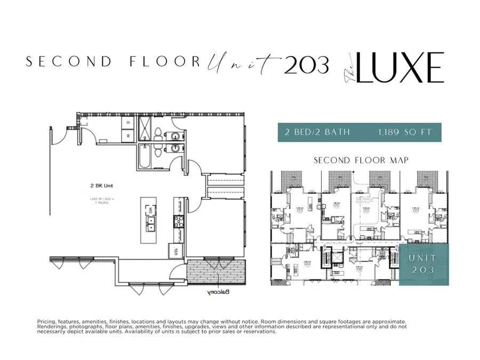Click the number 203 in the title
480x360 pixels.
coord(306,65)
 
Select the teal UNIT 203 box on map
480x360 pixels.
coord(423,264)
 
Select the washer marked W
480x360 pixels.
coord(128,135)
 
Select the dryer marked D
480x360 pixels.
coord(128,123)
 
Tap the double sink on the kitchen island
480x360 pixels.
coord(151,226)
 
